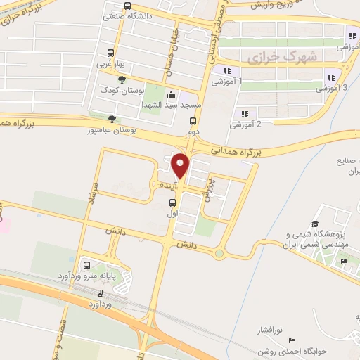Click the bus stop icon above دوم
[x=193, y=121]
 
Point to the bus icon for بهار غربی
[x=110, y=53]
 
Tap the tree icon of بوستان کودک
[x=123, y=80]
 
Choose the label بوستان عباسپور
[x=111, y=130]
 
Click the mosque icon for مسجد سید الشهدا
[x=173, y=95]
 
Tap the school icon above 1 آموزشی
[x=226, y=70]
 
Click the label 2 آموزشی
[x=245, y=124]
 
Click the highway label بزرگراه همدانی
[x=236, y=151]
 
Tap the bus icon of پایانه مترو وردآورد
[x=86, y=266]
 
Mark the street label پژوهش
[x=210, y=188]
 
